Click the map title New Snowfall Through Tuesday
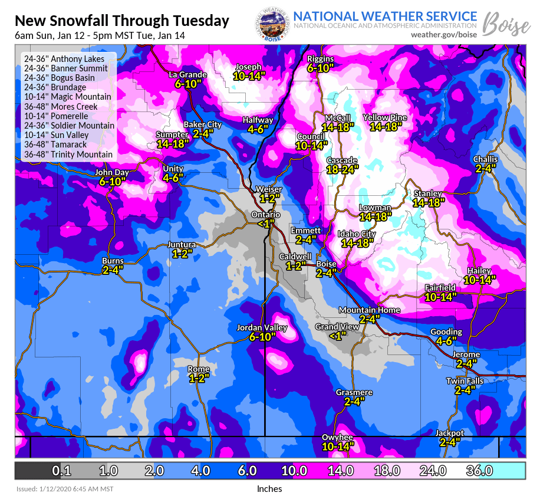[x=121, y=21]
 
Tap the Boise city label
[x=326, y=264]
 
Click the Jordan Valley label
[x=262, y=327]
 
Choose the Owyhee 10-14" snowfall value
[x=337, y=446]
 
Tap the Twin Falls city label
[x=465, y=381]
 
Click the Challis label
[x=485, y=159]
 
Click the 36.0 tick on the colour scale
[x=479, y=471]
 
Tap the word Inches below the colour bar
[x=269, y=488]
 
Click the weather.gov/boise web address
[x=444, y=35]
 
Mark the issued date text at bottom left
[x=64, y=489]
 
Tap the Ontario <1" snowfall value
[x=266, y=224]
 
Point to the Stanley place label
[x=427, y=193]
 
